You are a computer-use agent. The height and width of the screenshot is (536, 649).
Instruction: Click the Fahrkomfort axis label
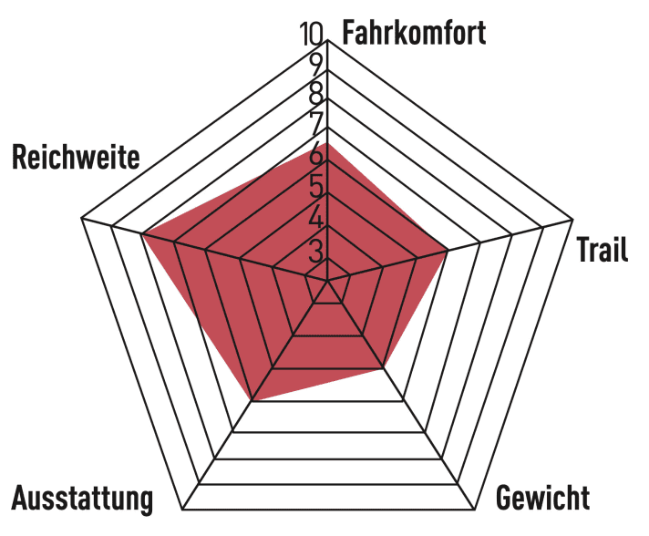414,32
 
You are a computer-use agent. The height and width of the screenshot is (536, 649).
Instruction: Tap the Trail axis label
603,249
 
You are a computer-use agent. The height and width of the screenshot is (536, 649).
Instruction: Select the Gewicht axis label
542,498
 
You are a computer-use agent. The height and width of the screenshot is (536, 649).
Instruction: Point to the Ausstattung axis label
82,499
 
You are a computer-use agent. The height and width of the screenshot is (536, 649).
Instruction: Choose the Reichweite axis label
76,158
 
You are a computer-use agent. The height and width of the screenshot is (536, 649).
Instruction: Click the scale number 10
311,34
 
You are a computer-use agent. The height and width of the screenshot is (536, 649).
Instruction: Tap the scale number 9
315,65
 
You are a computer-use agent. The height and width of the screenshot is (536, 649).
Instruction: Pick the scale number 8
315,94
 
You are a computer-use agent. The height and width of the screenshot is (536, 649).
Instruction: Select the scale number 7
315,123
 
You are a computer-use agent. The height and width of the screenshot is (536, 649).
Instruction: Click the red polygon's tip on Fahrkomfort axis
327,143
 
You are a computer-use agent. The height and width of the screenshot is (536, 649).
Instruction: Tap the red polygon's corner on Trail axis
448,250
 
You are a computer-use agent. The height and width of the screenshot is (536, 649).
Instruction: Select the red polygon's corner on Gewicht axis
383,366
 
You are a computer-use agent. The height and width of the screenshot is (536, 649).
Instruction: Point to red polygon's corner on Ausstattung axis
253,401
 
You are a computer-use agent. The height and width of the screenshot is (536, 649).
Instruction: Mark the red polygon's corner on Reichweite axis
142,235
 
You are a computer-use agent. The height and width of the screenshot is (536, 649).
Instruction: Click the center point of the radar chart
327,281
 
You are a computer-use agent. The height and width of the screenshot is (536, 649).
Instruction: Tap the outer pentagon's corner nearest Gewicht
475,510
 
